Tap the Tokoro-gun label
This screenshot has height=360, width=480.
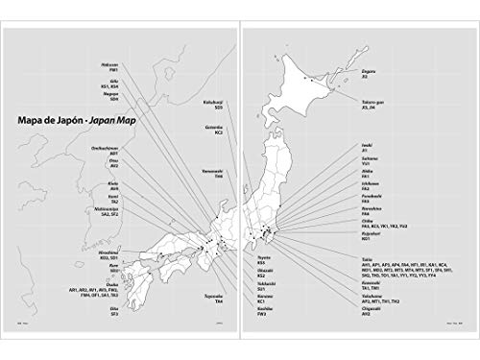[x=359, y=96]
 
